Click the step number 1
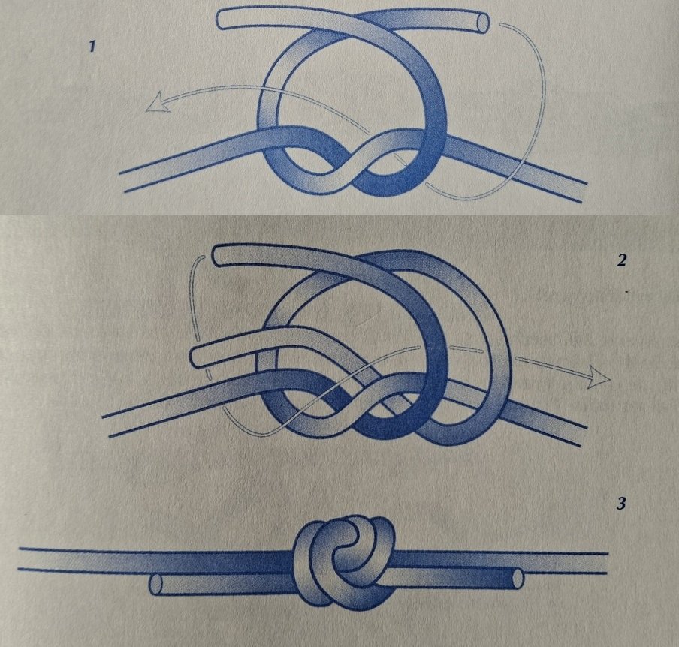coord(92,46)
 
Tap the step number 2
coord(621,260)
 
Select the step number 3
coord(621,504)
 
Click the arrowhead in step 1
coord(158,103)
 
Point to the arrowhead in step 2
coord(599,377)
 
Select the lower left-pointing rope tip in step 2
coord(197,357)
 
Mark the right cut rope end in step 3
coord(518,578)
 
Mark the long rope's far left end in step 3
coord(22,558)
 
